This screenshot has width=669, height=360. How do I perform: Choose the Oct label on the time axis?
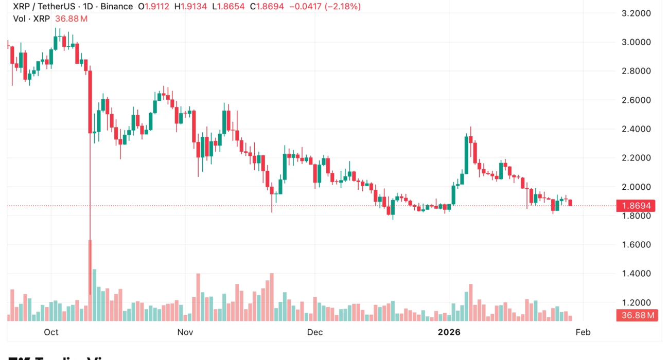pyautogui.click(x=51, y=332)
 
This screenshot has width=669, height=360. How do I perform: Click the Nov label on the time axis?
pyautogui.click(x=185, y=332)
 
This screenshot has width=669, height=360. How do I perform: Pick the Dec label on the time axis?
pyautogui.click(x=314, y=332)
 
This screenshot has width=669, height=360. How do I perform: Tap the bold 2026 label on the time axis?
pyautogui.click(x=448, y=332)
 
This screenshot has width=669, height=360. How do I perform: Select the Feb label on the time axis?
pyautogui.click(x=583, y=332)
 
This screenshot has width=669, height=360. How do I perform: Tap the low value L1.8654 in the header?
pyautogui.click(x=230, y=7)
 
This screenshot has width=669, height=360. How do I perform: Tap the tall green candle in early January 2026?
pyautogui.click(x=467, y=154)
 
